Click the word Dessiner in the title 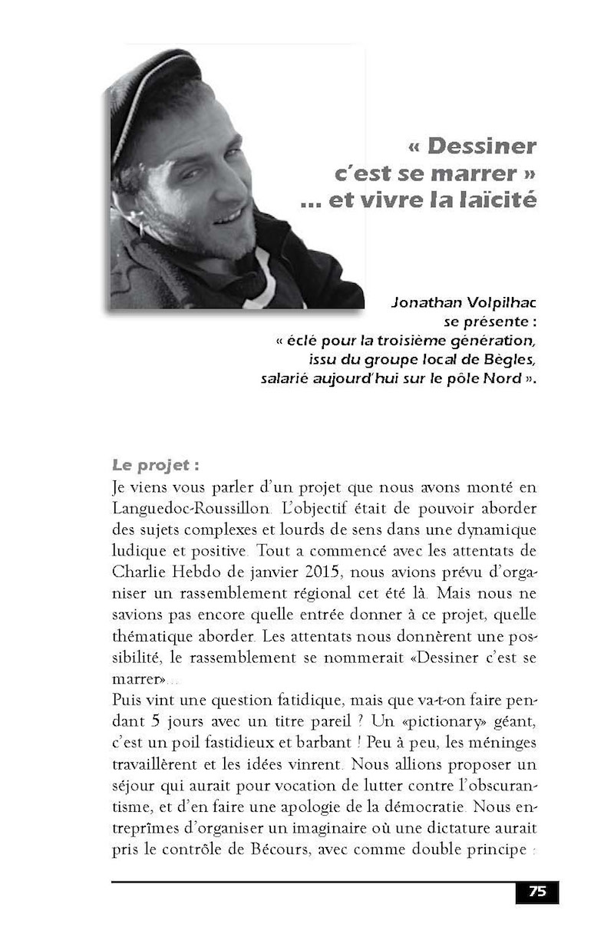point(482,146)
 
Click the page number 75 point(537,892)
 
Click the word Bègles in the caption point(509,358)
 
